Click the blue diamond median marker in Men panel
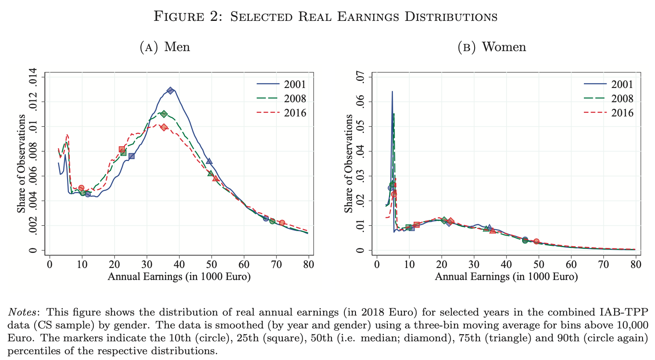pos(170,91)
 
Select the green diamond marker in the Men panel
pos(164,114)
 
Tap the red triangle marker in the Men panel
pos(216,178)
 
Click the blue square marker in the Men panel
pos(132,156)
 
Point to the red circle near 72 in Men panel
pos(282,223)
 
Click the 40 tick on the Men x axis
pos(179,265)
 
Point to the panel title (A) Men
pos(165,47)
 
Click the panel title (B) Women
pos(491,47)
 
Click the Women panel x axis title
pos(506,277)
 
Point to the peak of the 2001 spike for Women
pos(392,92)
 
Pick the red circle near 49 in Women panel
pos(536,242)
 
